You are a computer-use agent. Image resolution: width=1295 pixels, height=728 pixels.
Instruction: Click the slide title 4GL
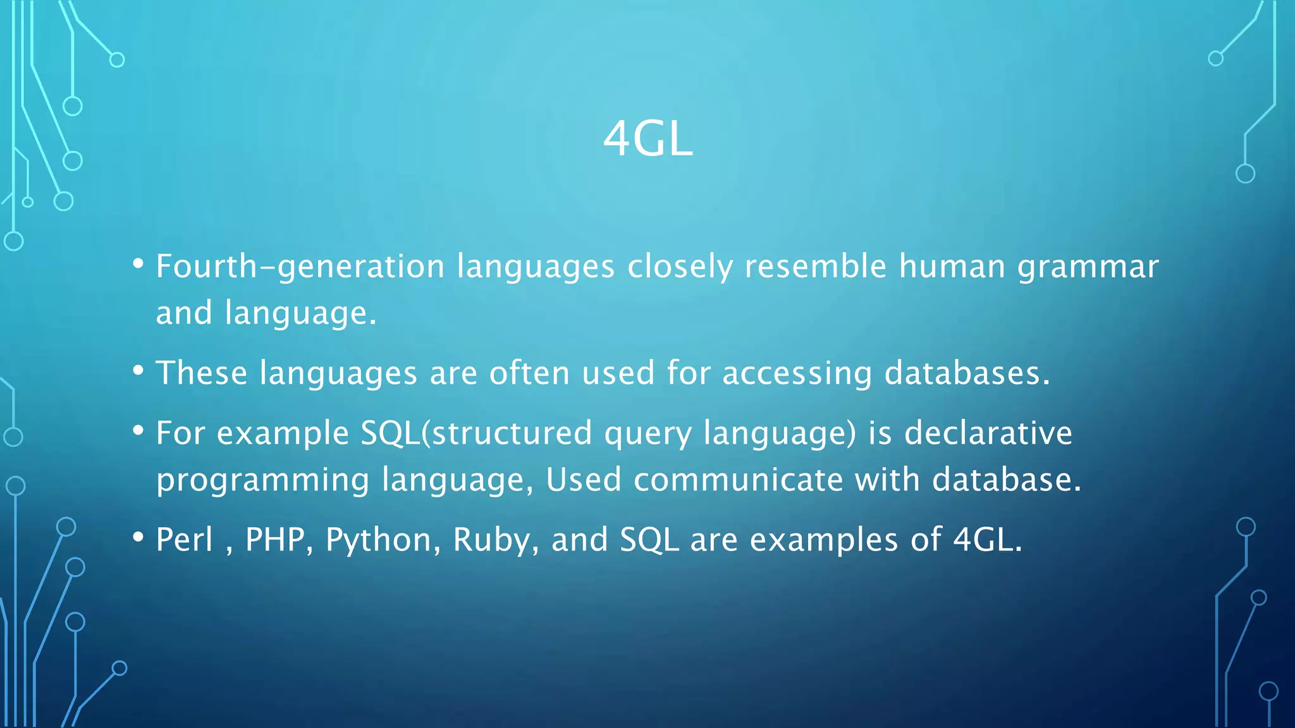(647, 139)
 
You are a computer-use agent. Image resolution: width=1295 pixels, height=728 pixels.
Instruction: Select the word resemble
(815, 266)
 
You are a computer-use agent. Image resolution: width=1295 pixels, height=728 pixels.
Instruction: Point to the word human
(952, 266)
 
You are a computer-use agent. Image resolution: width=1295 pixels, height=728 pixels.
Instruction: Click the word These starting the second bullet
(201, 373)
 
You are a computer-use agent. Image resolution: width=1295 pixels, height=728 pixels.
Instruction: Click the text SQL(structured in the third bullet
(476, 434)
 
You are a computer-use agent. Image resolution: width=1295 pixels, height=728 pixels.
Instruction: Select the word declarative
(988, 434)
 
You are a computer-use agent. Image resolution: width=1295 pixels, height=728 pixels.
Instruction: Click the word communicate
(738, 480)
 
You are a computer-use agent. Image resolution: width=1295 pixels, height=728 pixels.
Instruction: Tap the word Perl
(184, 540)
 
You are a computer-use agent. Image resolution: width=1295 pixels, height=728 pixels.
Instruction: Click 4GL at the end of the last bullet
(986, 540)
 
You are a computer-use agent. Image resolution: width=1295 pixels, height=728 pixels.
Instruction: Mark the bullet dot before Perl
(138, 537)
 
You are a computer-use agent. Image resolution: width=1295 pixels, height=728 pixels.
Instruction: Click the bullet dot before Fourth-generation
(138, 264)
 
